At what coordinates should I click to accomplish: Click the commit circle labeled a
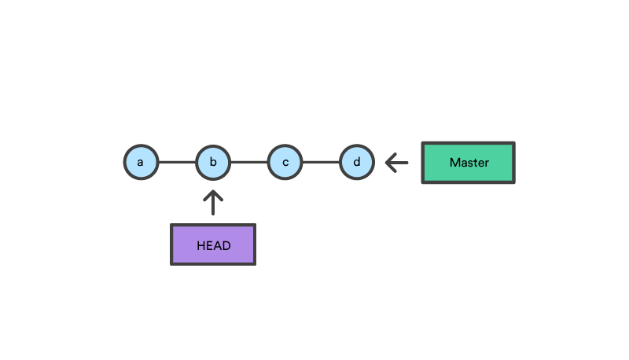pos(141,163)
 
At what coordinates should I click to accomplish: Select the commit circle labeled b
pos(213,163)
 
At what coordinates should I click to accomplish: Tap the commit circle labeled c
pos(285,163)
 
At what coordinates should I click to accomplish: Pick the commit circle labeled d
pos(357,163)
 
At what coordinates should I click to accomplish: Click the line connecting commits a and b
pos(177,163)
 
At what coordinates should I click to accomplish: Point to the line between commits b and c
pos(249,163)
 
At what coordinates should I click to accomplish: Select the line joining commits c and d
pos(321,163)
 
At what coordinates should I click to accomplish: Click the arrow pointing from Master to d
pos(397,163)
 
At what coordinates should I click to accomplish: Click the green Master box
pos(468,163)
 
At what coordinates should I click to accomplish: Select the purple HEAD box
pos(213,244)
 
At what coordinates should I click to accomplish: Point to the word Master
pos(469,163)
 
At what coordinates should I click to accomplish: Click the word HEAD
pos(213,245)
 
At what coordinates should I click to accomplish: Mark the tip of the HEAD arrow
pos(213,191)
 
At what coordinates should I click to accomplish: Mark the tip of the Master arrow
pos(386,163)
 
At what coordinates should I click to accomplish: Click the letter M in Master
pos(454,163)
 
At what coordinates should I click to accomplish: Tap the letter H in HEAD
pos(200,245)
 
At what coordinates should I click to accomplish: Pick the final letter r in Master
pos(487,163)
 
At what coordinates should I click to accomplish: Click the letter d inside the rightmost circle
pos(357,163)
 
